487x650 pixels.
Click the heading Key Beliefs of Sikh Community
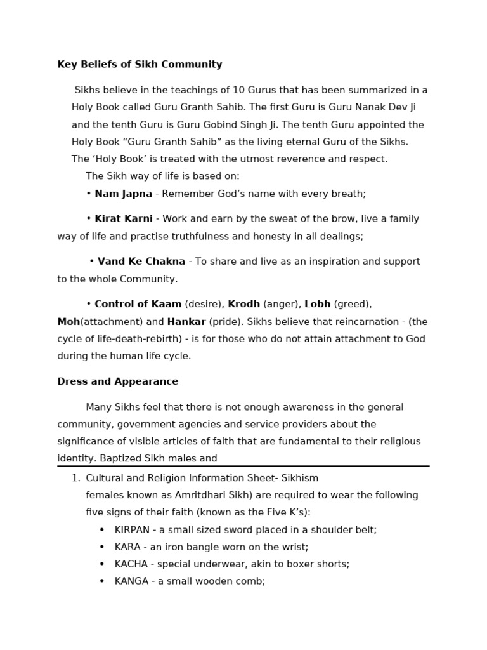140,65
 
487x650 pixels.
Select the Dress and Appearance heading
117,381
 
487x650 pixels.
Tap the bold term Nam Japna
123,194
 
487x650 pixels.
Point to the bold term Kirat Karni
123,219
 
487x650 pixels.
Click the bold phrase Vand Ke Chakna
141,262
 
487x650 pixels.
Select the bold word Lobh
317,304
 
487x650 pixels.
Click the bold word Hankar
186,322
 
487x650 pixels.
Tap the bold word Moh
68,322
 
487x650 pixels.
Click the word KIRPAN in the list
131,530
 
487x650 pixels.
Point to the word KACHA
131,564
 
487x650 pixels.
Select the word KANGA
131,581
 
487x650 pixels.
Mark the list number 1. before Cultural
75,478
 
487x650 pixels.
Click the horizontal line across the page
243,466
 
